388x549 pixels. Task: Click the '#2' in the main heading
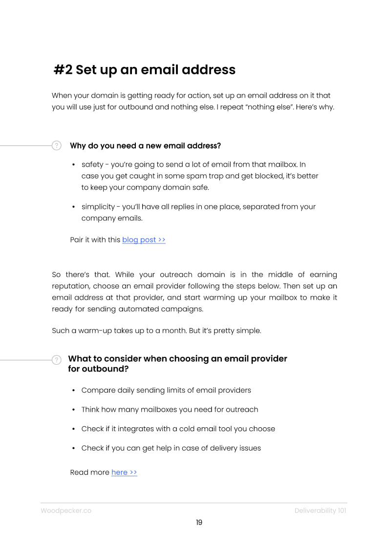tap(63, 70)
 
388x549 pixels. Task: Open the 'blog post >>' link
tap(144, 240)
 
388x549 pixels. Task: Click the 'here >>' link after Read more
tap(124, 472)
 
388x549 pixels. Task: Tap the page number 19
tap(199, 522)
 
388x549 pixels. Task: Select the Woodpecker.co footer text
tap(66, 510)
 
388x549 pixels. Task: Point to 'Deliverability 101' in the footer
tap(320, 510)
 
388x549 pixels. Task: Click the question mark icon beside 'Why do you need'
tap(57, 145)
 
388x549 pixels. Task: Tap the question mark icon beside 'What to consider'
tap(57, 360)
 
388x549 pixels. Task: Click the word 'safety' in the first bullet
tap(92, 165)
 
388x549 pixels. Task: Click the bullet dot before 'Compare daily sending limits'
tap(73, 391)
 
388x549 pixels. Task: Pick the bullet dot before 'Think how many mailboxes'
tap(73, 410)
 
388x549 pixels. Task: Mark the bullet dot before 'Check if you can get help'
tap(73, 448)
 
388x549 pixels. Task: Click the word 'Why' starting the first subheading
tap(78, 146)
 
